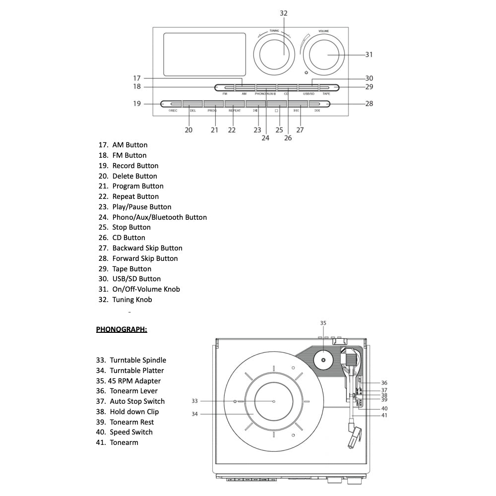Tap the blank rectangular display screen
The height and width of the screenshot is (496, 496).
(x=204, y=54)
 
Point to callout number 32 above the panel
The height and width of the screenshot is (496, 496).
(x=283, y=13)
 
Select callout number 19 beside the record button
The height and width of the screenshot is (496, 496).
(x=136, y=104)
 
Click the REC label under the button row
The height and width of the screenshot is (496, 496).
(x=173, y=111)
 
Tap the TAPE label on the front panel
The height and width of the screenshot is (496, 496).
(x=326, y=94)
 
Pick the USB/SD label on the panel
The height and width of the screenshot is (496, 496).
(x=309, y=94)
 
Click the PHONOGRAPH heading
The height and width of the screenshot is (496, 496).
(x=122, y=329)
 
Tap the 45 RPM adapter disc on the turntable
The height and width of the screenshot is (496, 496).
(x=323, y=361)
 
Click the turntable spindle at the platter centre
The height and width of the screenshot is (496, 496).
(x=274, y=401)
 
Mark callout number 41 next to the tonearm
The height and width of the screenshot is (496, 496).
(x=384, y=416)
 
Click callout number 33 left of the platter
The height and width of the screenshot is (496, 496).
(x=194, y=401)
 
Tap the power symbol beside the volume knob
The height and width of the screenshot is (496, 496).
(x=307, y=73)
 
